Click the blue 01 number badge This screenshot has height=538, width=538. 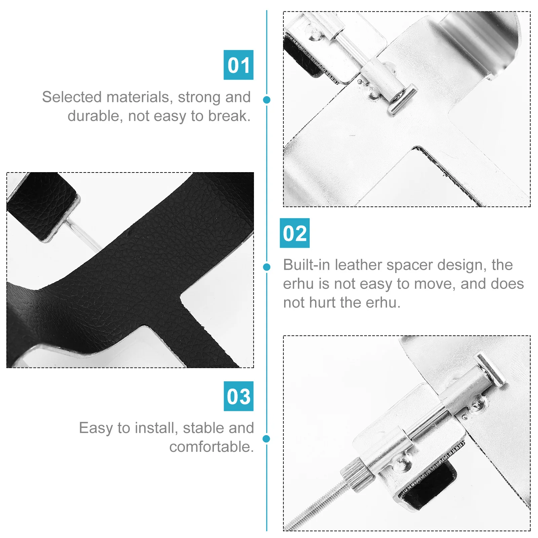pos(238,65)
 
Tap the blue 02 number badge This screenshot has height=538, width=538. pos(295,233)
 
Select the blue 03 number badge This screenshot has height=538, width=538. pos(239,396)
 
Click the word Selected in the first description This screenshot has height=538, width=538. pos(72,97)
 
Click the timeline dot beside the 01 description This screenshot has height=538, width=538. pos(267,100)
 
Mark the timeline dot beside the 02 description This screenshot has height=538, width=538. pos(267,267)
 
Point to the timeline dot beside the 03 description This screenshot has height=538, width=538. pos(267,439)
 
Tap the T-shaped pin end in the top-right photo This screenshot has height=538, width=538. pos(402,100)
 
